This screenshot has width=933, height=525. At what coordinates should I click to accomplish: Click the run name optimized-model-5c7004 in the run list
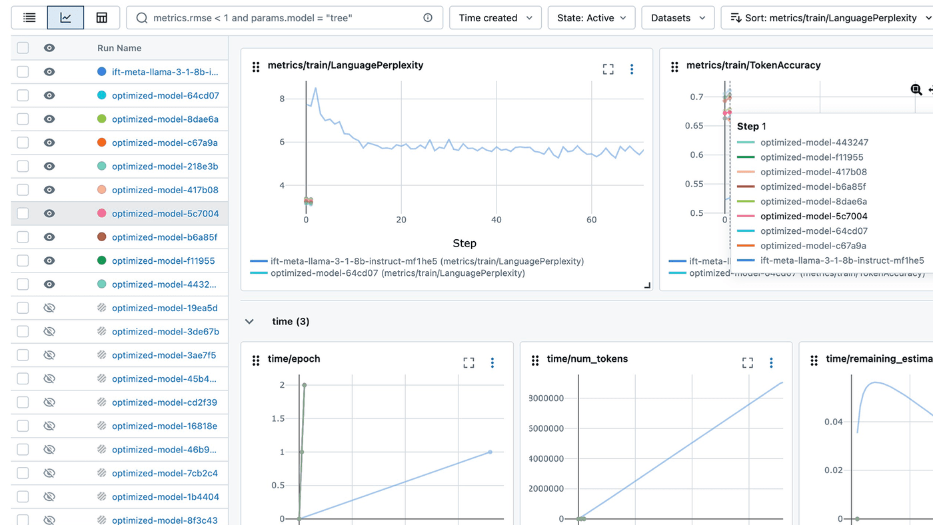165,213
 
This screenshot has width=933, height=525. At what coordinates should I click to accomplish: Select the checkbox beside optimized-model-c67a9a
23,143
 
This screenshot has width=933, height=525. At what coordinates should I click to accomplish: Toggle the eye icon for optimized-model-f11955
49,261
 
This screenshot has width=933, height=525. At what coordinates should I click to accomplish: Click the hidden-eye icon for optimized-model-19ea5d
49,308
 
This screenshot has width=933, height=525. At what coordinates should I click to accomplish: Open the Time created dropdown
495,18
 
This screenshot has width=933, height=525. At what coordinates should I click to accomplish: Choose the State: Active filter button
591,18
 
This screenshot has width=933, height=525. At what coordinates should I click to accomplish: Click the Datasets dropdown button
678,18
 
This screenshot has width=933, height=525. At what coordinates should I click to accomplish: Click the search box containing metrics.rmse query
280,18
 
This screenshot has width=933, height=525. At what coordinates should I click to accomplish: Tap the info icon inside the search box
428,18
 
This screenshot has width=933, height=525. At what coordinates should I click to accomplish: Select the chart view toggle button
65,18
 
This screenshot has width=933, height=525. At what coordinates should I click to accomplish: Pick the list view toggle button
29,18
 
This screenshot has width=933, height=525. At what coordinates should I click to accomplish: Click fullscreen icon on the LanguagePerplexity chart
608,69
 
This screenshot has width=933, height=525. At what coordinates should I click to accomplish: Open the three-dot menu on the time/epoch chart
492,362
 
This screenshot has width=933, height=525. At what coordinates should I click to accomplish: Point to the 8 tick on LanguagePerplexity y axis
282,99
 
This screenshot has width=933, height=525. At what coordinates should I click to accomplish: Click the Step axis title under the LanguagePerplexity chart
465,243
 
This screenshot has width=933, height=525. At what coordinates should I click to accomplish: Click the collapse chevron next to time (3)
249,321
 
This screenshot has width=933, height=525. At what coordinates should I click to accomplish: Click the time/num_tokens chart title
587,359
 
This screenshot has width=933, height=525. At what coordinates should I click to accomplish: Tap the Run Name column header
119,48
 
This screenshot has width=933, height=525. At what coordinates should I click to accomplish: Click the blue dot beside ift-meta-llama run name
101,71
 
